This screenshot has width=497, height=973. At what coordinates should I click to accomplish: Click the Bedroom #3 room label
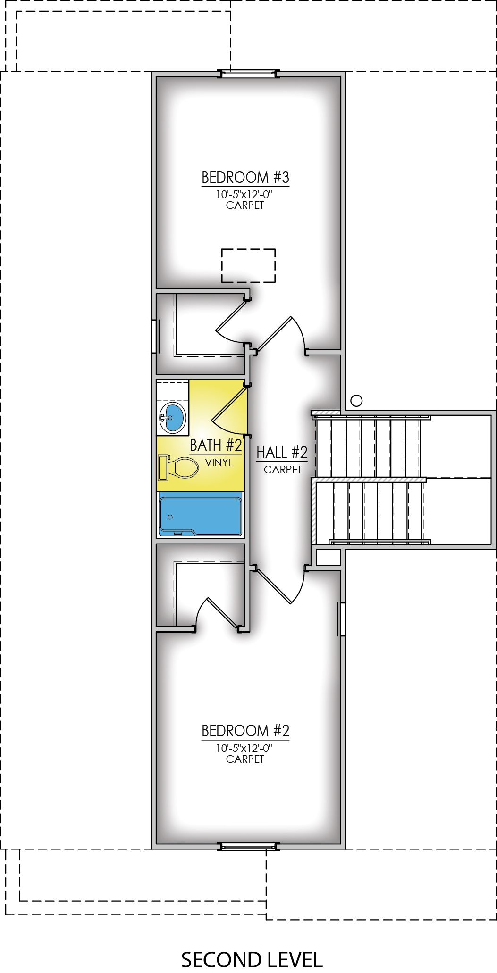click(245, 178)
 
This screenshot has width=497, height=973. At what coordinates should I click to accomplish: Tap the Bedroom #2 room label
click(245, 731)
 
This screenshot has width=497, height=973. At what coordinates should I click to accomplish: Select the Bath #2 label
click(216, 445)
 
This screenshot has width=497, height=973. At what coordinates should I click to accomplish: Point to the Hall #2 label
click(282, 453)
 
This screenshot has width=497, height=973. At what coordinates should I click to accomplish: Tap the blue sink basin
click(173, 416)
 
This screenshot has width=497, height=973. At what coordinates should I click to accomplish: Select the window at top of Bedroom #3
click(248, 74)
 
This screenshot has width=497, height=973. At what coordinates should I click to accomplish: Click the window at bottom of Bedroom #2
click(248, 847)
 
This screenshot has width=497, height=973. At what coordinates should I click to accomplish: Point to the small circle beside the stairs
click(357, 401)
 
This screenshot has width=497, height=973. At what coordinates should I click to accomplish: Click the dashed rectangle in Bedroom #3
click(248, 265)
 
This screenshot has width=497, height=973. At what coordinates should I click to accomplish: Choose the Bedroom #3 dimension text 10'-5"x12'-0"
click(245, 194)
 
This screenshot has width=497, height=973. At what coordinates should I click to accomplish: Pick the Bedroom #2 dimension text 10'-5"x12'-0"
click(245, 748)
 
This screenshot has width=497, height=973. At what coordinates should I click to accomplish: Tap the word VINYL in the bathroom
click(219, 463)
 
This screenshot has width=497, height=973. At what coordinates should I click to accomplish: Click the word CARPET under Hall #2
click(282, 470)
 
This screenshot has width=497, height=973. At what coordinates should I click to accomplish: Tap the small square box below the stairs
click(328, 558)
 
